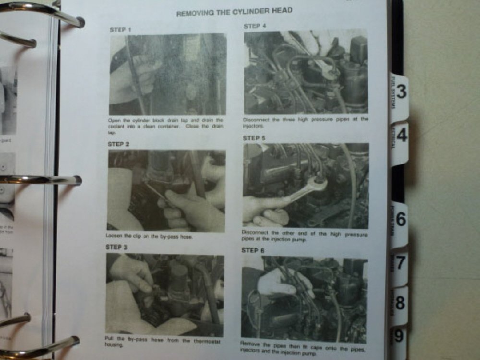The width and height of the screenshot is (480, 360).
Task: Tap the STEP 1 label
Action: [x=120, y=30]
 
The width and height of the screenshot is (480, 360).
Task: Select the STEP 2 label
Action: [x=118, y=144]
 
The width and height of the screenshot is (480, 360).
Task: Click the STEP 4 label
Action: [x=255, y=26]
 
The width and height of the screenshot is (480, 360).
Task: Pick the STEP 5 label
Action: [x=254, y=138]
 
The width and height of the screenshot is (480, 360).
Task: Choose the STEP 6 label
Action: [x=252, y=250]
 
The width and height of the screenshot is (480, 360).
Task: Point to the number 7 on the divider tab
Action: [x=400, y=263]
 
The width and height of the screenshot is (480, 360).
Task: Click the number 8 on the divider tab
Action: [x=400, y=303]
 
